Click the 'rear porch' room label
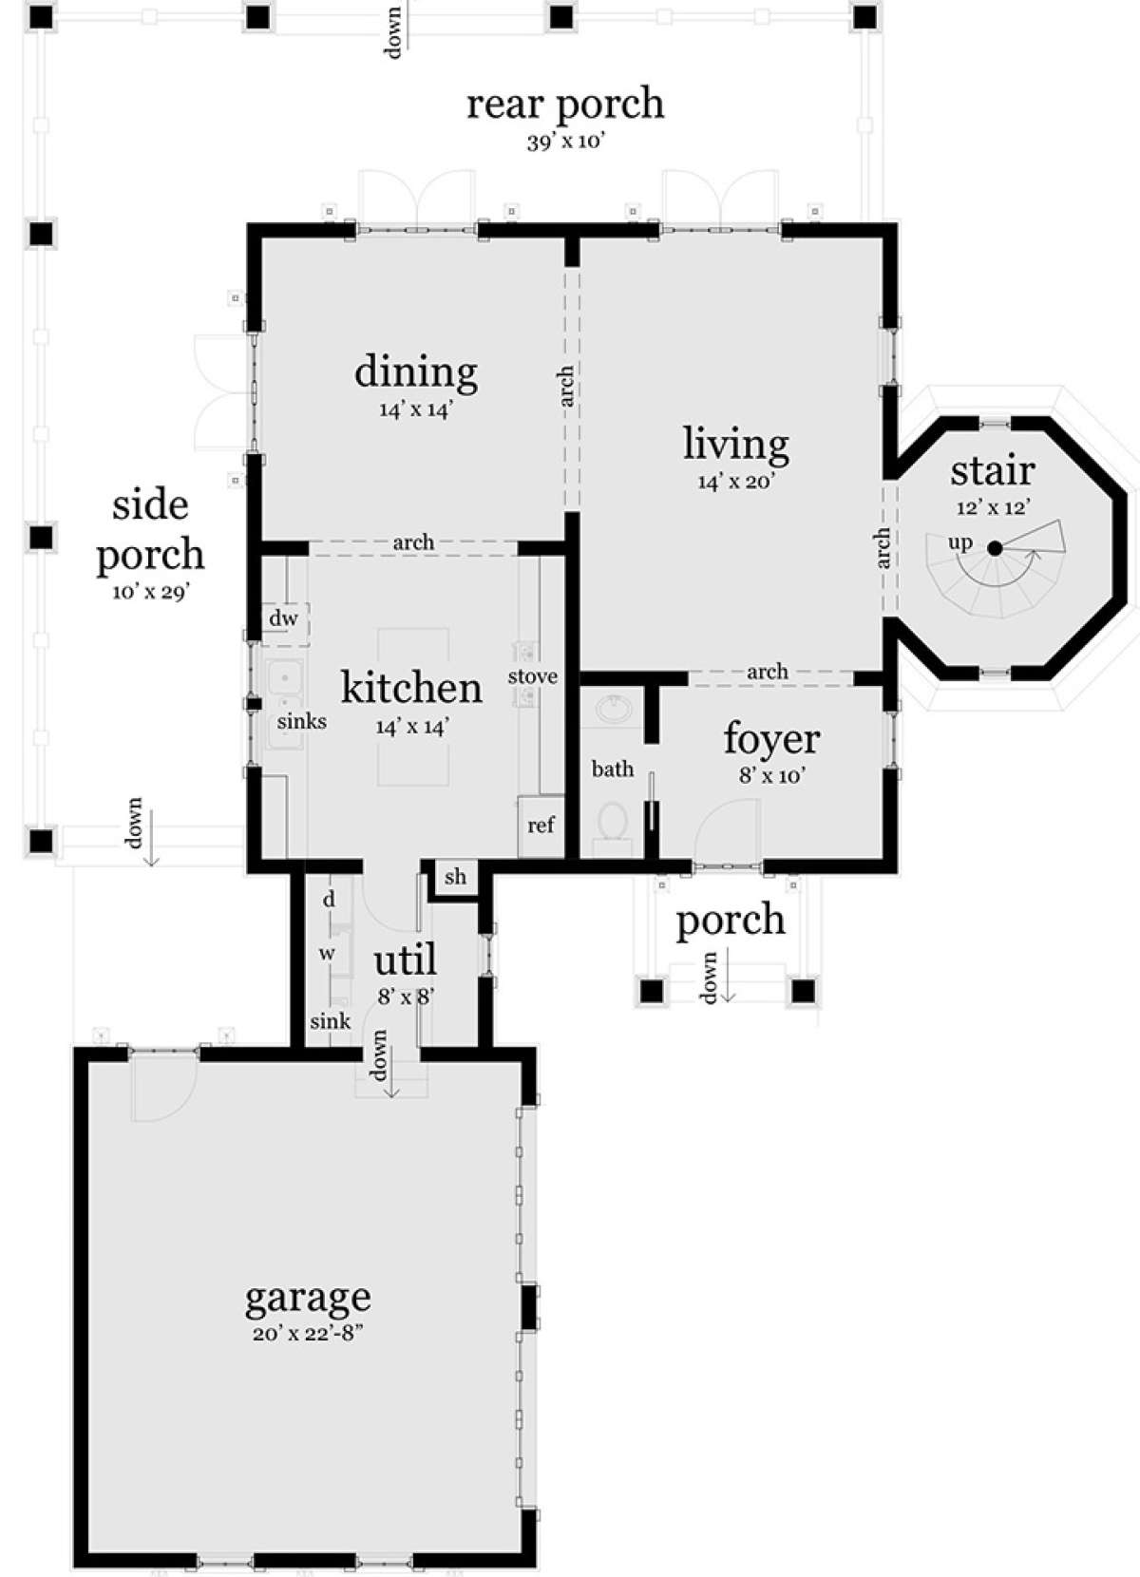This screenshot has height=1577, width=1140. tap(565, 104)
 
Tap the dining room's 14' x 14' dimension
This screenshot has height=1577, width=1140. tap(415, 409)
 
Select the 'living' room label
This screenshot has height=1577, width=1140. tap(736, 446)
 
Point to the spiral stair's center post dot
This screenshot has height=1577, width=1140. tap(995, 548)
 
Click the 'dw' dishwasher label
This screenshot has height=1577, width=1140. tap(284, 618)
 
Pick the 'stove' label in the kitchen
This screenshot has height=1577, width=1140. tap(533, 676)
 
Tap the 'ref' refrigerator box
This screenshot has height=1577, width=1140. tap(541, 826)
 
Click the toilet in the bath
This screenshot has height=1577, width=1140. tap(614, 822)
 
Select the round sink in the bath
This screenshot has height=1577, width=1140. tap(612, 708)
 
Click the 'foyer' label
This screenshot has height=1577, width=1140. tap(771, 738)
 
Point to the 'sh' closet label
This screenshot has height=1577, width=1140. tap(456, 876)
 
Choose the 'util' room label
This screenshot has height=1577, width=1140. tap(405, 959)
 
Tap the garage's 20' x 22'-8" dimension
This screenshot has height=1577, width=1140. tap(308, 1334)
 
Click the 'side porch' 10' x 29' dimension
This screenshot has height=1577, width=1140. tap(151, 593)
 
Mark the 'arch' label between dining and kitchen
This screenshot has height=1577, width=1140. tap(413, 542)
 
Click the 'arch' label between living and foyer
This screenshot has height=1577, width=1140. tap(768, 672)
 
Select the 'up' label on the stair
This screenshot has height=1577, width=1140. tap(960, 542)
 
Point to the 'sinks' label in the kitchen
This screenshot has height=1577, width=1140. tap(301, 721)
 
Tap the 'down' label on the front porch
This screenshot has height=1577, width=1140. tap(709, 978)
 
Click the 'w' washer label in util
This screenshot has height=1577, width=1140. tap(327, 954)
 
